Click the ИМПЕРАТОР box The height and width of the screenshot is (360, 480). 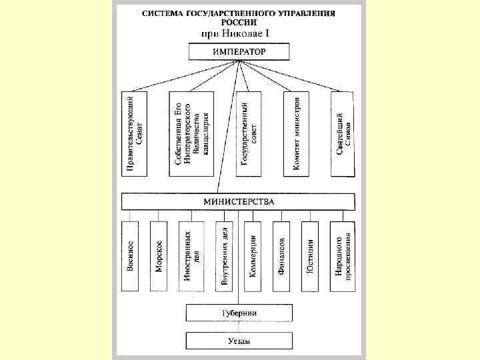point(239,51)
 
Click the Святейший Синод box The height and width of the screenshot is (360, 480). point(343,133)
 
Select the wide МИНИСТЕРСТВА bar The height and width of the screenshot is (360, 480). point(238,201)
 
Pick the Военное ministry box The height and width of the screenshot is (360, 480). point(131,256)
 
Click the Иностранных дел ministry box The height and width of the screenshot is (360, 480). point(192,256)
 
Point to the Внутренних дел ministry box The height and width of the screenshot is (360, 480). point(225,256)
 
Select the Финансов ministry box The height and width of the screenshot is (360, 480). point(282,256)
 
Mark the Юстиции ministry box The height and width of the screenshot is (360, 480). point(311,256)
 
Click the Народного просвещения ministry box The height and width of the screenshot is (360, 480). point(343,256)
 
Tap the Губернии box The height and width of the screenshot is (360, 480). point(238,313)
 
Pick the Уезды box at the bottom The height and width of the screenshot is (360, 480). point(238,341)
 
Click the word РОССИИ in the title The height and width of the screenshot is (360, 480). point(238,22)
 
